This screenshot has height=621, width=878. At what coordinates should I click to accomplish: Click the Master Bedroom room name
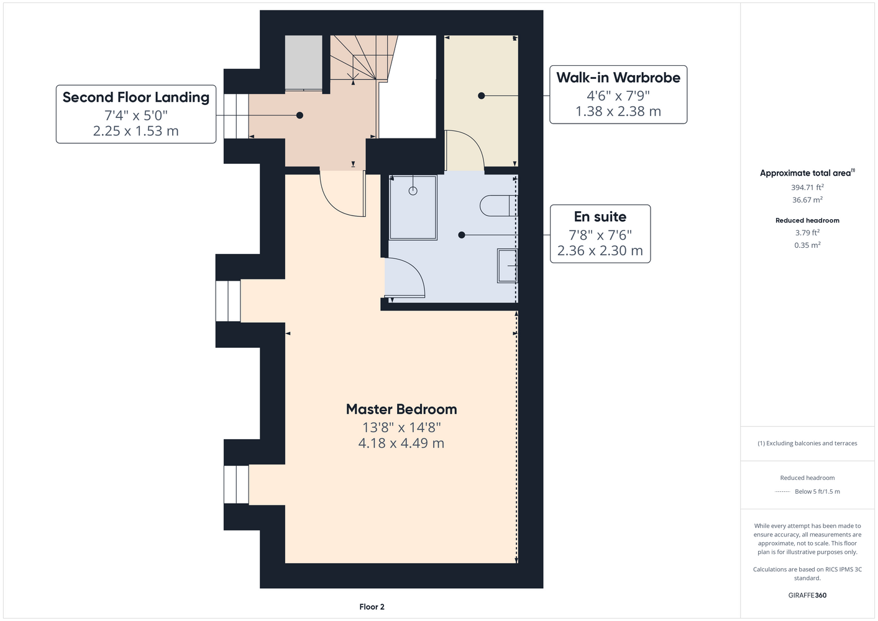[401, 409]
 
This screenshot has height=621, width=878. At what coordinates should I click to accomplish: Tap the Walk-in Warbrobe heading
[618, 78]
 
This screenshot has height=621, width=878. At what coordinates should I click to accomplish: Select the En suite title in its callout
[600, 217]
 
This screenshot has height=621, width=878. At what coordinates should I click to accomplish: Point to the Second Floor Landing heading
[136, 97]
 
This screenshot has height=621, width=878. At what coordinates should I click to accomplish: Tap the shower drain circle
[413, 191]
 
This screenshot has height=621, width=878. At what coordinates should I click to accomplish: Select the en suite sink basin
[508, 266]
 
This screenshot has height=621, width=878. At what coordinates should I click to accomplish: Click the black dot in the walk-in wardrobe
[482, 96]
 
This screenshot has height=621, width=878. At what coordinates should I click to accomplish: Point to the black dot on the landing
[300, 115]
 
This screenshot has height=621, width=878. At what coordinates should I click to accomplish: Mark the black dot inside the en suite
[461, 235]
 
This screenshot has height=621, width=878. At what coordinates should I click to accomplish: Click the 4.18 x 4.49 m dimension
[401, 443]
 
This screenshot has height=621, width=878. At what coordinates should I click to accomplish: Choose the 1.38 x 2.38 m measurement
[618, 111]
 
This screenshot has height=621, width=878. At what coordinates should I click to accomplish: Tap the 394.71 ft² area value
[807, 188]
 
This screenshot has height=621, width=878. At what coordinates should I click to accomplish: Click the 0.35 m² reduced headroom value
[807, 245]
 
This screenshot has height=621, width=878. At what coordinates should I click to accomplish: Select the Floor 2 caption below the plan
[372, 607]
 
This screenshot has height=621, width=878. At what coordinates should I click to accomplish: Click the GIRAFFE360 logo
[807, 595]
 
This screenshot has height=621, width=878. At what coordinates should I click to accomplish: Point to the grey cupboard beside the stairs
[303, 62]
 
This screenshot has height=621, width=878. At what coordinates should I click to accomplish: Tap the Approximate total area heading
[807, 173]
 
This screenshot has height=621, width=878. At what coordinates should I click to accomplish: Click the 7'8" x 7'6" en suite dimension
[600, 235]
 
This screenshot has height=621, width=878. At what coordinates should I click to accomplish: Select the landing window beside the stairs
[236, 116]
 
